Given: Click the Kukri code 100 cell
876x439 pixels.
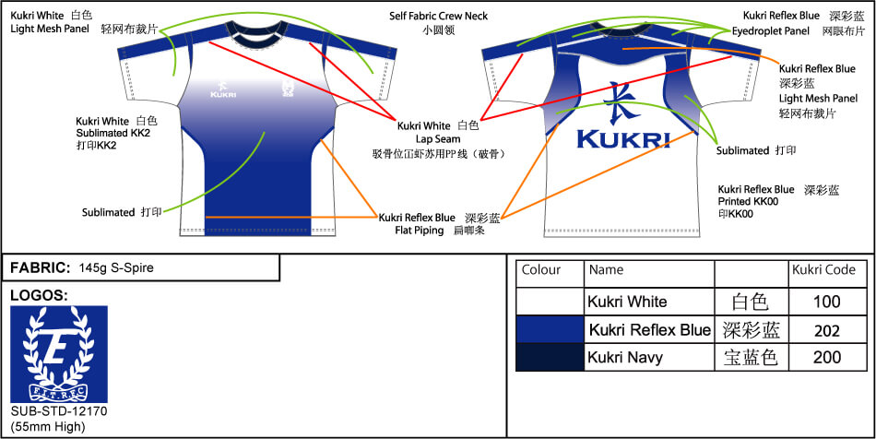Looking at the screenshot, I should pyautogui.click(x=827, y=302).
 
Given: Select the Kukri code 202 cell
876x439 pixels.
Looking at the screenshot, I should pyautogui.click(x=827, y=330).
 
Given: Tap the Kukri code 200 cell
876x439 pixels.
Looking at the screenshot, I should pyautogui.click(x=827, y=358).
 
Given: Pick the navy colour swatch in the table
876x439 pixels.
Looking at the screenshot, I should pyautogui.click(x=550, y=358).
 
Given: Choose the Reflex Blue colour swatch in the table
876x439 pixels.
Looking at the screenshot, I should pyautogui.click(x=550, y=330).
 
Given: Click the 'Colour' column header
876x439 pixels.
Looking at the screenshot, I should pyautogui.click(x=541, y=270).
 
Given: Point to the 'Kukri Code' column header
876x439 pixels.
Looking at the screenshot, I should pyautogui.click(x=823, y=270).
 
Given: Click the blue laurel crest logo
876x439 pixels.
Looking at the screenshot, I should pyautogui.click(x=58, y=354).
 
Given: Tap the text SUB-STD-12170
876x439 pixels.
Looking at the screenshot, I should pyautogui.click(x=59, y=410).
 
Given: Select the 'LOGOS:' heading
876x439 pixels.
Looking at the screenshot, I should pyautogui.click(x=37, y=295).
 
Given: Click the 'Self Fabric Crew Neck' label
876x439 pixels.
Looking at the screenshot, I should pyautogui.click(x=438, y=16).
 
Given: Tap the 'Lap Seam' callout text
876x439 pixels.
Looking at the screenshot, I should pyautogui.click(x=437, y=139).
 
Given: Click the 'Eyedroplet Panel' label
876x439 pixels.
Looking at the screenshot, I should pyautogui.click(x=771, y=30).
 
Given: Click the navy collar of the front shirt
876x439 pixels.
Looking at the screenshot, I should pyautogui.click(x=253, y=38).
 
